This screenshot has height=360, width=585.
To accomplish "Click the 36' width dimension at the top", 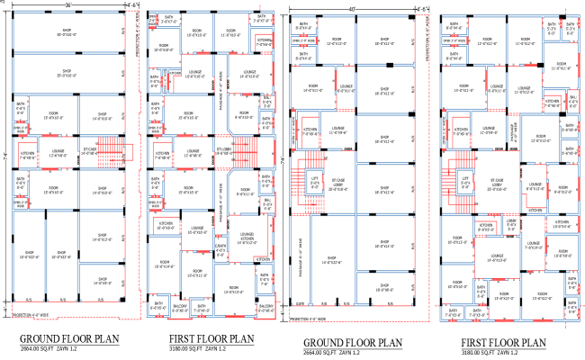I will point(67,4).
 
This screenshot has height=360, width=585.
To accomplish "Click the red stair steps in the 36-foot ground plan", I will point(107,150).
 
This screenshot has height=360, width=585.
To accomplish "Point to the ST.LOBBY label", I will point(224,149).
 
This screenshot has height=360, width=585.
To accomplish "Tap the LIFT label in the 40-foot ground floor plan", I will point(314,182).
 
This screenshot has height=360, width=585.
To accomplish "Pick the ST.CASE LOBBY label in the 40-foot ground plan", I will point(338,186).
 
